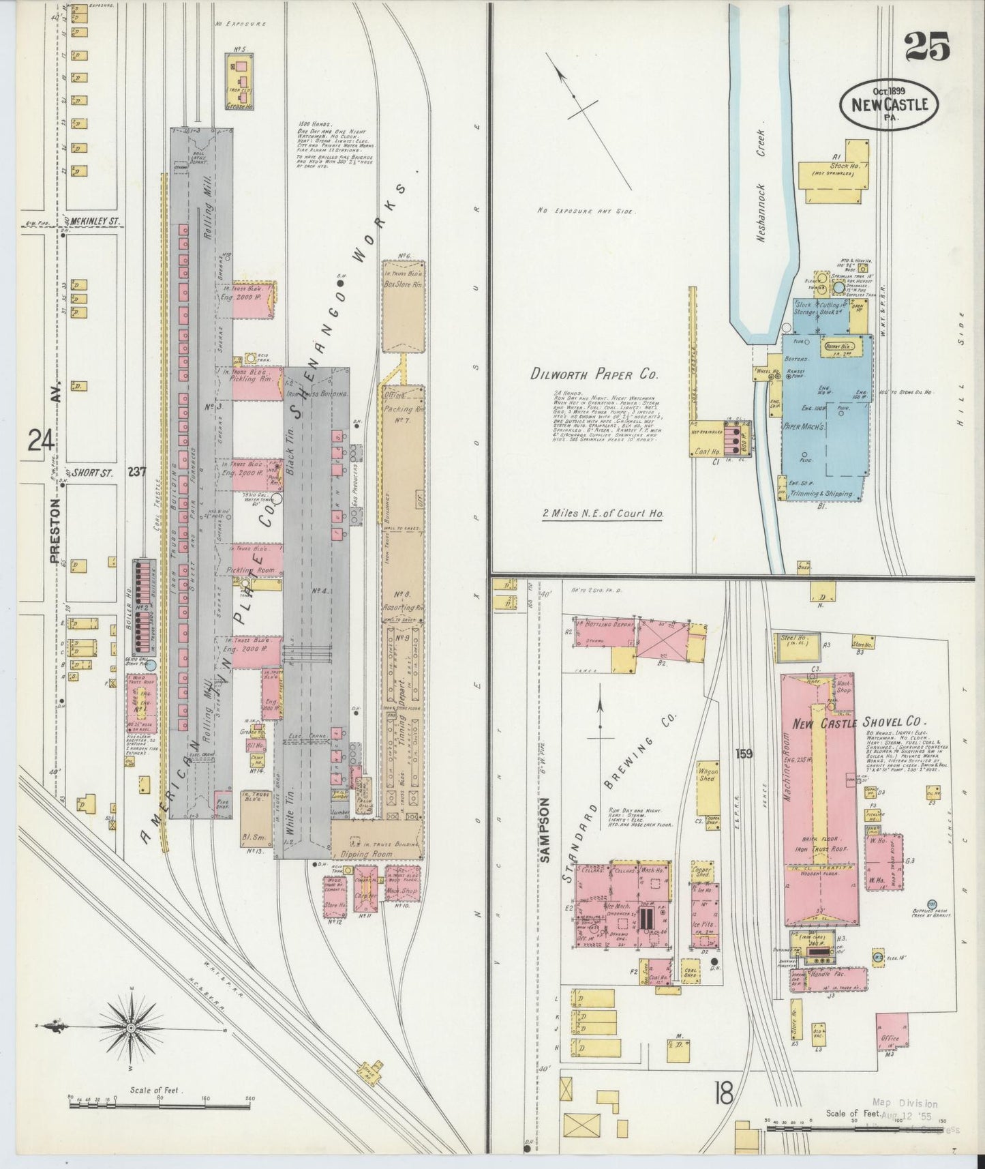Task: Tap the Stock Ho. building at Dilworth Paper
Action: [836, 170]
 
